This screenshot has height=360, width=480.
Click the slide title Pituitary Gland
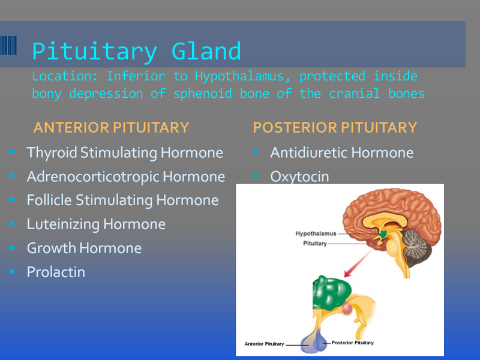(137, 52)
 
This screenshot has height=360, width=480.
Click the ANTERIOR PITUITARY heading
(111, 127)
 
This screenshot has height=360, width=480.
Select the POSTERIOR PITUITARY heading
(335, 127)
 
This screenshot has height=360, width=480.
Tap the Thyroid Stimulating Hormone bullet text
(125, 153)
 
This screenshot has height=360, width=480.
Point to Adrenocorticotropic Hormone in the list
(126, 176)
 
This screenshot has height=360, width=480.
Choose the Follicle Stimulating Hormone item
(123, 200)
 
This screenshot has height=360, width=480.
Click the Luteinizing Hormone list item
(96, 224)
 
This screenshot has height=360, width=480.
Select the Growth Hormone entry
(84, 248)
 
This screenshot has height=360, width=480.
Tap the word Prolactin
(56, 272)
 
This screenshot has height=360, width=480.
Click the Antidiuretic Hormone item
(341, 152)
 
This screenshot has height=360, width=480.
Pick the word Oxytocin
(299, 177)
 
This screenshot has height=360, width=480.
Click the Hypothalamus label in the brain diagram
(316, 233)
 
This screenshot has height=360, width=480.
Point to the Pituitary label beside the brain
(315, 244)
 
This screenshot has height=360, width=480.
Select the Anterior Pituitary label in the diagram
(264, 344)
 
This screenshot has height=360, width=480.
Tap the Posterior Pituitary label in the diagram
(353, 343)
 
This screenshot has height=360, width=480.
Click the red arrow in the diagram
(358, 263)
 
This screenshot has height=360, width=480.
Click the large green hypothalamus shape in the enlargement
(331, 293)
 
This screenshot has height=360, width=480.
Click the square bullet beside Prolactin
(12, 271)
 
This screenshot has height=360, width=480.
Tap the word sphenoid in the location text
(203, 94)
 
